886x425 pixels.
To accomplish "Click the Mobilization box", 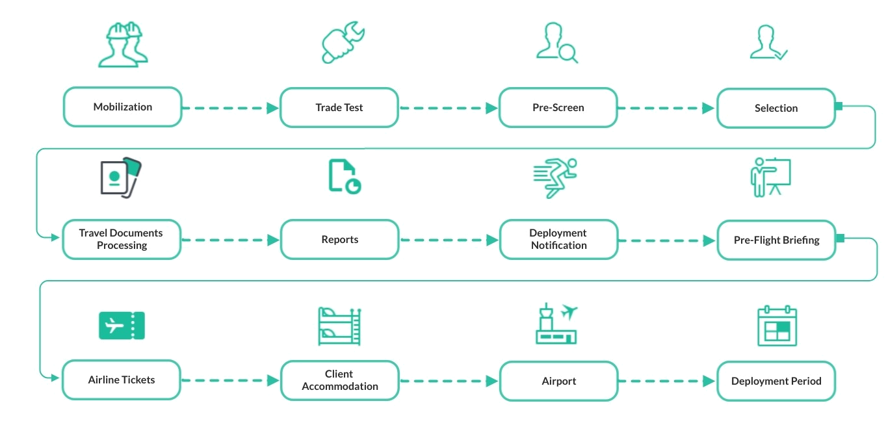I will [x=122, y=107].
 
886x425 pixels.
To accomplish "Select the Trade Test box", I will [x=338, y=107].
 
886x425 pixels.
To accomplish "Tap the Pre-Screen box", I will [x=557, y=107].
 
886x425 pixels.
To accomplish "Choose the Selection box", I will [x=775, y=107].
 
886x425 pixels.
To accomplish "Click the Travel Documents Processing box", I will [x=122, y=240].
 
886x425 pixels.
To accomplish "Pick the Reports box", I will [x=338, y=240].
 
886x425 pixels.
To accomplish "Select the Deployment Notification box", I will [x=557, y=240].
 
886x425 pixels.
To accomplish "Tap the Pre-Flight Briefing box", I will [x=775, y=240].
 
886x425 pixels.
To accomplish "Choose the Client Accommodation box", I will [x=338, y=380].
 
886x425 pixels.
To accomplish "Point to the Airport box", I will [x=557, y=380].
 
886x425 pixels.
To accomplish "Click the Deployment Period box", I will [x=775, y=381].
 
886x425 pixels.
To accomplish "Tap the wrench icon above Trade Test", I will [x=343, y=42].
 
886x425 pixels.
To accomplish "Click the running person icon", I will [x=554, y=177].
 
